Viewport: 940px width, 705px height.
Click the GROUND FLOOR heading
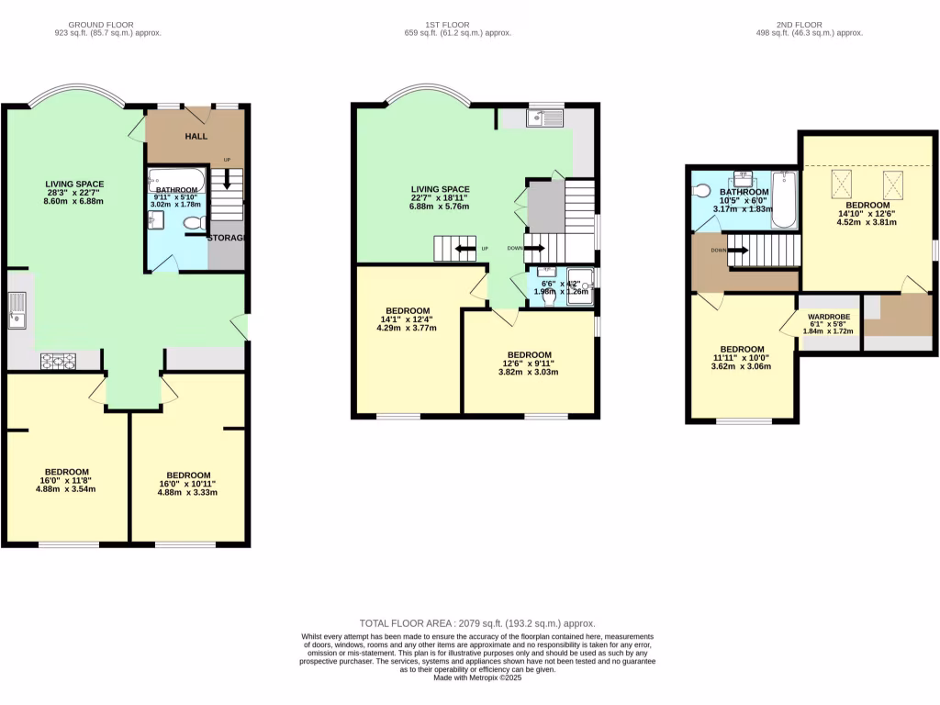[107, 25]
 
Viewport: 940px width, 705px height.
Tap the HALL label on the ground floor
[196, 137]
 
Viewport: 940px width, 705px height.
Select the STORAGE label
[226, 238]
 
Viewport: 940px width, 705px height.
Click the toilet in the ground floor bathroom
[194, 223]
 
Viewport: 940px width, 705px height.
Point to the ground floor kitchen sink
[17, 310]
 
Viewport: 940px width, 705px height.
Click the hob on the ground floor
[57, 362]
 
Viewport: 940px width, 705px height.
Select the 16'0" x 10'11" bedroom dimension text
[187, 484]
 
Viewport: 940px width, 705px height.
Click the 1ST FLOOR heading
[457, 25]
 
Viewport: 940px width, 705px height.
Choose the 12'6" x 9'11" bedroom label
[529, 364]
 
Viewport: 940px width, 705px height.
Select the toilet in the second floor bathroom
[703, 192]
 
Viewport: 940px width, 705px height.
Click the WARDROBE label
[828, 318]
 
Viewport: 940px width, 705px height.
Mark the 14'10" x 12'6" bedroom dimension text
[867, 214]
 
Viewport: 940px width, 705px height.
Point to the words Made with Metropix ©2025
[469, 677]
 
